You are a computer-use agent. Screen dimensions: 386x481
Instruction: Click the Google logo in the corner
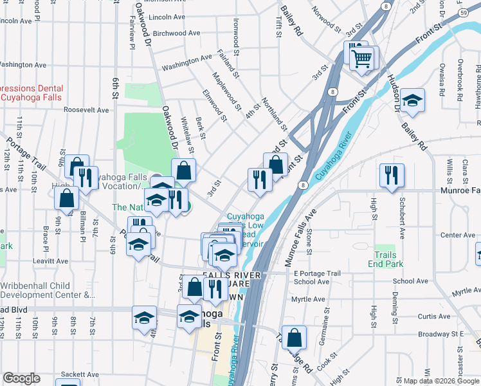point(21,378)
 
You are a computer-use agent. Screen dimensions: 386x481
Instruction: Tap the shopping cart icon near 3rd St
point(362,59)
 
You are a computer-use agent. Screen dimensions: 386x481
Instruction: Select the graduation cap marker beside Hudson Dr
point(412,100)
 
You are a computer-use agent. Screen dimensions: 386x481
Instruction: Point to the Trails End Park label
point(385,260)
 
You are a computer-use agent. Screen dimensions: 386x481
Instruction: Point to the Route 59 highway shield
point(463,12)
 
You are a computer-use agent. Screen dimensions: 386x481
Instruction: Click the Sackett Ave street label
point(80,374)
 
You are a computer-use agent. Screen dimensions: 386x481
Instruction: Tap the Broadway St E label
point(441,334)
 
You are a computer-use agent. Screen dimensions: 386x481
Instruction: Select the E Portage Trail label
point(316,273)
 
